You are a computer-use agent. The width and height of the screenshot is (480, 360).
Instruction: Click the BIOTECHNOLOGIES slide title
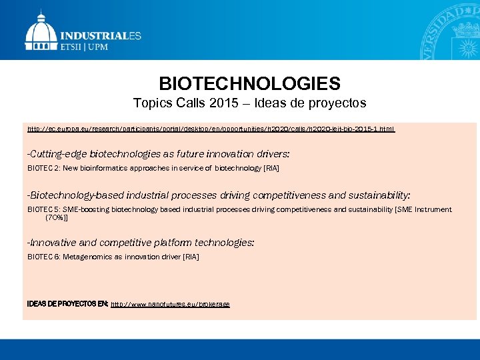249,84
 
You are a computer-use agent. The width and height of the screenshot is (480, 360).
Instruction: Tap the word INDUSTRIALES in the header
101,36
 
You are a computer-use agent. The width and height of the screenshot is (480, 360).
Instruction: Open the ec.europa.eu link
211,127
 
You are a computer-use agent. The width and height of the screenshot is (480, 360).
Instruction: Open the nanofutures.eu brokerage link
170,304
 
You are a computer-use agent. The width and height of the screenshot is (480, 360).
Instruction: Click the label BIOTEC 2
43,169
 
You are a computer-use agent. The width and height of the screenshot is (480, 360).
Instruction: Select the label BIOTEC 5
43,209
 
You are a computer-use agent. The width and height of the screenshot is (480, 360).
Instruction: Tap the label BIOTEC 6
43,257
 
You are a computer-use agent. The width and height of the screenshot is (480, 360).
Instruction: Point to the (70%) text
56,217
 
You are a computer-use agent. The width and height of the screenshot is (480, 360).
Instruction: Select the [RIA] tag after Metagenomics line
191,257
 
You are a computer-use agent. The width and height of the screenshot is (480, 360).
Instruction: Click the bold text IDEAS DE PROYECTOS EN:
67,304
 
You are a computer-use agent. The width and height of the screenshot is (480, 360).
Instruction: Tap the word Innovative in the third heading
54,243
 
